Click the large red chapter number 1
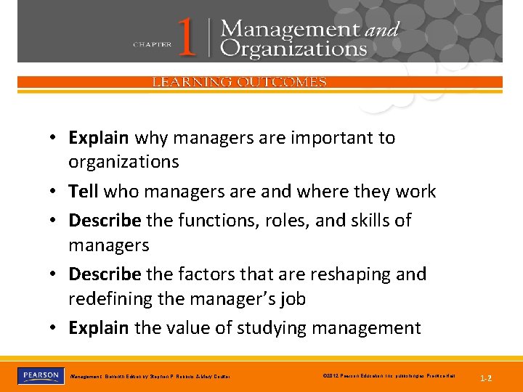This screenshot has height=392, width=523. pyautogui.click(x=187, y=38)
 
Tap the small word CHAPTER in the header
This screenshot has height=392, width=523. pyautogui.click(x=153, y=44)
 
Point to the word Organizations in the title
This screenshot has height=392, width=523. pyautogui.click(x=293, y=49)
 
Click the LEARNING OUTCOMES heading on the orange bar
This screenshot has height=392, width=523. pyautogui.click(x=239, y=82)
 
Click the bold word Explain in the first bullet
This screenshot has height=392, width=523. pyautogui.click(x=99, y=138)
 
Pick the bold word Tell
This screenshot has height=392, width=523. pyautogui.click(x=84, y=192)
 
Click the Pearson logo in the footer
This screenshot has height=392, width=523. pyautogui.click(x=39, y=375)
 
